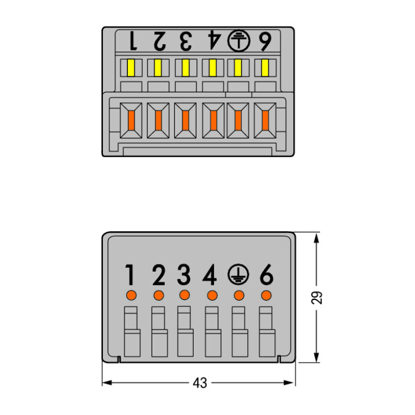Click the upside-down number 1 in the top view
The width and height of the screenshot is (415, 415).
pos(133,41)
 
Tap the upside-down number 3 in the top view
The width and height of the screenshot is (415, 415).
pos(186,41)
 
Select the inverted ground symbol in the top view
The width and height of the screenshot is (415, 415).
pos(238,41)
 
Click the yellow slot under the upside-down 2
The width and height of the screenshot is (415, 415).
pos(158,68)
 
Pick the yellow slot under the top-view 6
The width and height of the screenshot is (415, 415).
pos(265,68)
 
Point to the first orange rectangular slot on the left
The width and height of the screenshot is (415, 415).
pos(131,121)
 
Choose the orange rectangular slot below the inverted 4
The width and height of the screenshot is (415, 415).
pos(214,121)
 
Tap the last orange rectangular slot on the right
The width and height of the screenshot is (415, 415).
pos(265,121)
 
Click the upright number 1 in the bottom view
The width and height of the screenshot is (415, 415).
pos(130,274)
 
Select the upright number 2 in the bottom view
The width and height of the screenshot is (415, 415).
pos(159,274)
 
